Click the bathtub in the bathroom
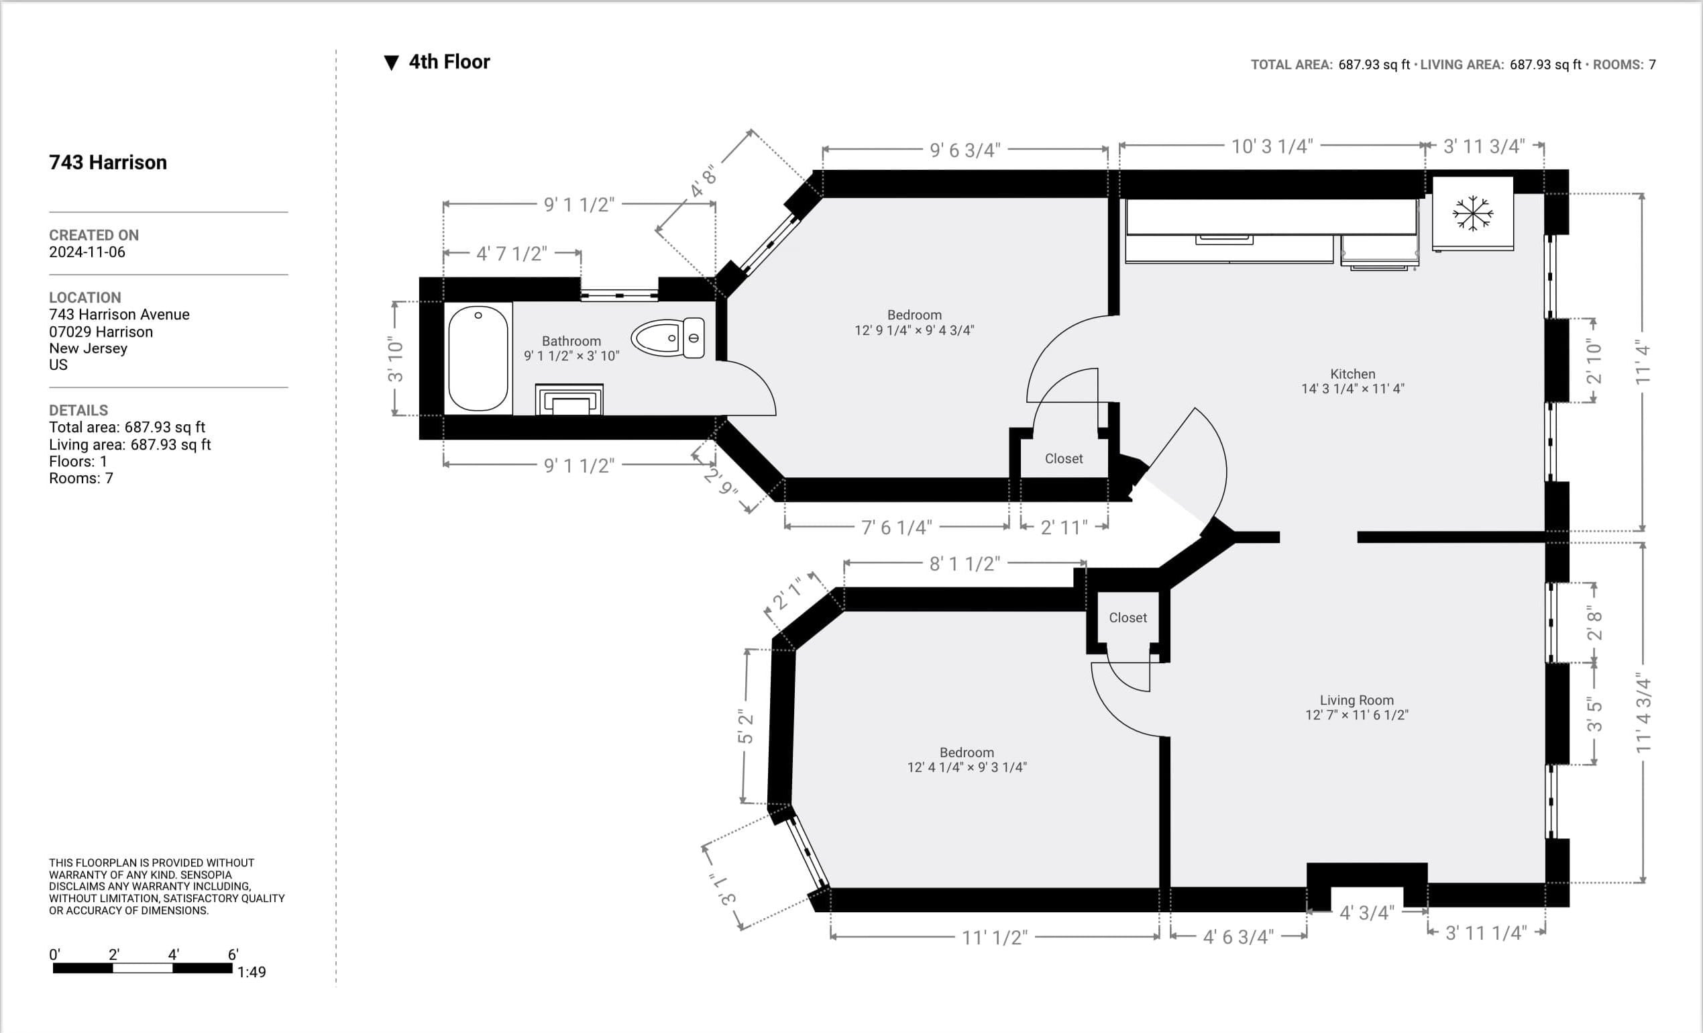tap(478, 358)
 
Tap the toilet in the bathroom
tap(667, 338)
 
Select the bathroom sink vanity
tap(569, 399)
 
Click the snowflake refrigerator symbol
tap(1473, 213)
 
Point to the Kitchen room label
tap(1353, 373)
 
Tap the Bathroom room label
tap(571, 341)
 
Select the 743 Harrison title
tap(108, 162)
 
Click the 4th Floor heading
tap(449, 62)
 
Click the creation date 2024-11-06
tap(87, 252)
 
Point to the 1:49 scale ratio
tap(252, 971)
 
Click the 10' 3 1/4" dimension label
tap(1272, 146)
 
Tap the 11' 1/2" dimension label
tap(995, 937)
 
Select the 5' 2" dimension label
tap(745, 727)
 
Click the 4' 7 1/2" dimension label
tap(512, 254)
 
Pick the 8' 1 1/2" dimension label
tap(964, 564)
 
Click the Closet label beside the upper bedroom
tap(1064, 458)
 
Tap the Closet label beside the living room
tap(1128, 618)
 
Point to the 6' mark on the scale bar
tap(233, 954)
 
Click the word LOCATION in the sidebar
tap(85, 297)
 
